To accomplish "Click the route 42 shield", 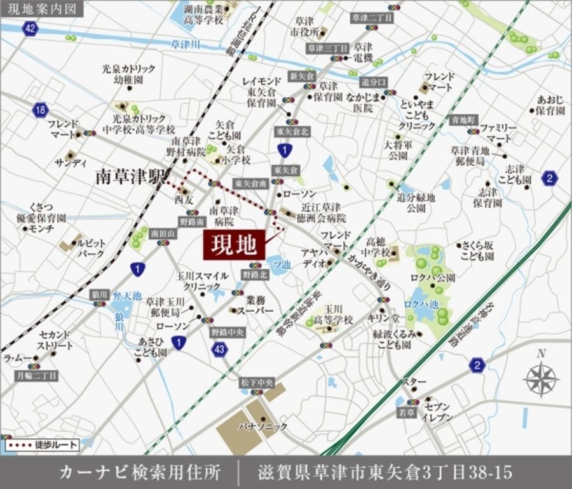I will (29, 28).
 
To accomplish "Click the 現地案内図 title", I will (35, 9).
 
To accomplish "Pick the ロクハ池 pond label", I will (421, 304).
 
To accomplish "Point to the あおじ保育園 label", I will (550, 105).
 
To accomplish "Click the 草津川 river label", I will (186, 44).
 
